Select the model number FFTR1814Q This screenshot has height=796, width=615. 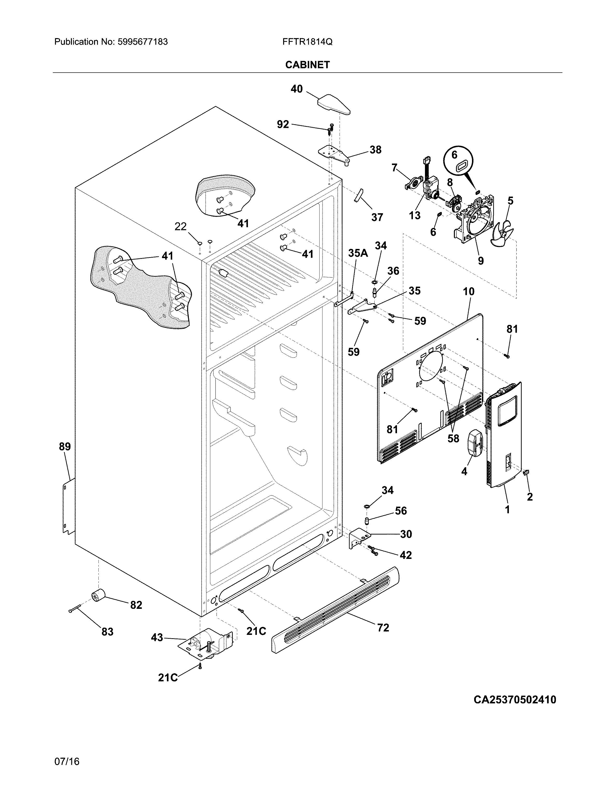point(307,42)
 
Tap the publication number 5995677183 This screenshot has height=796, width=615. point(143,42)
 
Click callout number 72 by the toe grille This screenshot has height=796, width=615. point(383,628)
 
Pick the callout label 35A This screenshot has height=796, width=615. point(358,253)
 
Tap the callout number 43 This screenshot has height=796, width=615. point(157,638)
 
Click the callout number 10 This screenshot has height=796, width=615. point(469,292)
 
